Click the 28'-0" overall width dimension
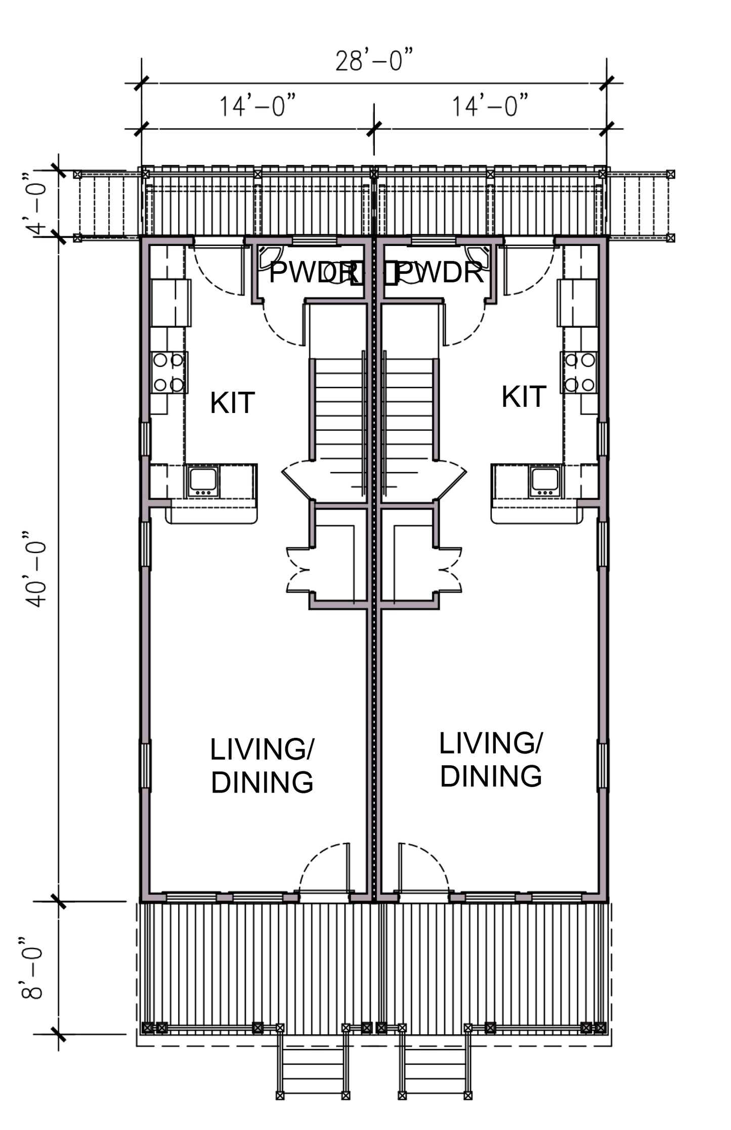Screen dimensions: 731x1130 coord(374,60)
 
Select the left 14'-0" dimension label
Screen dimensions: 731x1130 coord(257,106)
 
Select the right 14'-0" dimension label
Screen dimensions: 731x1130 coord(490,106)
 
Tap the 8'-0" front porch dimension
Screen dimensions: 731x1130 coord(31,969)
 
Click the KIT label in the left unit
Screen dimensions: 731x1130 coord(232,403)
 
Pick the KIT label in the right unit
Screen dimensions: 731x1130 coord(524,396)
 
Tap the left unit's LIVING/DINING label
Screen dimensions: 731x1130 coord(262,766)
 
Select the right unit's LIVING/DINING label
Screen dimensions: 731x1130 coord(491,760)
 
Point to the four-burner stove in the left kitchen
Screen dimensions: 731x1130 coord(169,372)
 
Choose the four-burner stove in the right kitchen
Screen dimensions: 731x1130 coord(579,372)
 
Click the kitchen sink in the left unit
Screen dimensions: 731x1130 coord(203,481)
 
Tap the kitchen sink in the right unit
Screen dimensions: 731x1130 coord(545,481)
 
